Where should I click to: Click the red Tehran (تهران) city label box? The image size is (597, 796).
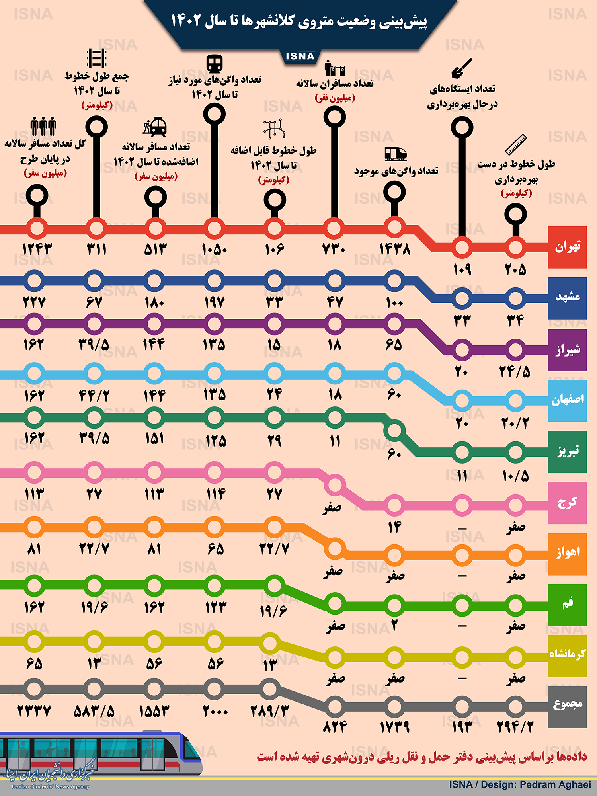(567, 247)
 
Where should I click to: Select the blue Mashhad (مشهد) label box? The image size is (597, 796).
(567, 298)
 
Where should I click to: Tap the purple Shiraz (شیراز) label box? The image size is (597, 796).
(567, 349)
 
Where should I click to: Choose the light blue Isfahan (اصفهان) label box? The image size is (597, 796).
(567, 400)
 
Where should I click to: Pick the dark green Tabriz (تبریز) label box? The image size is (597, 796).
(567, 452)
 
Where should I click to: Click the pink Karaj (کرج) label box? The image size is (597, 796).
(567, 503)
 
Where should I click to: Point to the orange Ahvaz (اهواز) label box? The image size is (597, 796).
(567, 554)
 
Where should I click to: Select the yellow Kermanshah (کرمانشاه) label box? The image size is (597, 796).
(567, 656)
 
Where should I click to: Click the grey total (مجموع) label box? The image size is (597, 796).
(567, 707)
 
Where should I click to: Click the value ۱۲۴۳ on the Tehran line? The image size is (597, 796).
(37, 250)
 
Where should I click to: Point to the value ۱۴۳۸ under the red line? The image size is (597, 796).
(394, 250)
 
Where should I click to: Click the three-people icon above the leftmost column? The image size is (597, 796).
(43, 127)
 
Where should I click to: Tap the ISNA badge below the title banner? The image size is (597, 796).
(300, 57)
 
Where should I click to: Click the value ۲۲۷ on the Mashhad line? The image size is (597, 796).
(34, 302)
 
